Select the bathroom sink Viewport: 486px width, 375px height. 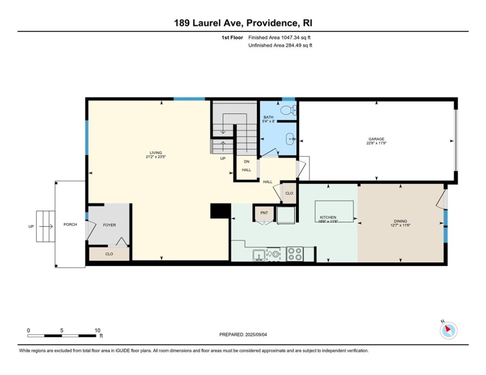pos(291,139)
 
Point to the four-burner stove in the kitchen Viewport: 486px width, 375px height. pos(295,254)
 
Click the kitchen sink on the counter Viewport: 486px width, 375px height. pos(259,254)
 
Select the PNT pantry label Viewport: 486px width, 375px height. pos(264,213)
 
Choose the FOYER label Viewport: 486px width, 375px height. pos(109,225)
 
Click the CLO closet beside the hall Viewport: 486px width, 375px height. pos(289,193)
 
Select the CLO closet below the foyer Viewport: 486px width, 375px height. pos(109,254)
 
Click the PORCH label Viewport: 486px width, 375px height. pos(70,225)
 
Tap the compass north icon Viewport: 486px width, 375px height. pos(448,330)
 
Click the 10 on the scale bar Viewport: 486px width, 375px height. pos(97,330)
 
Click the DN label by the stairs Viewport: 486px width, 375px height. pos(246,162)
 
